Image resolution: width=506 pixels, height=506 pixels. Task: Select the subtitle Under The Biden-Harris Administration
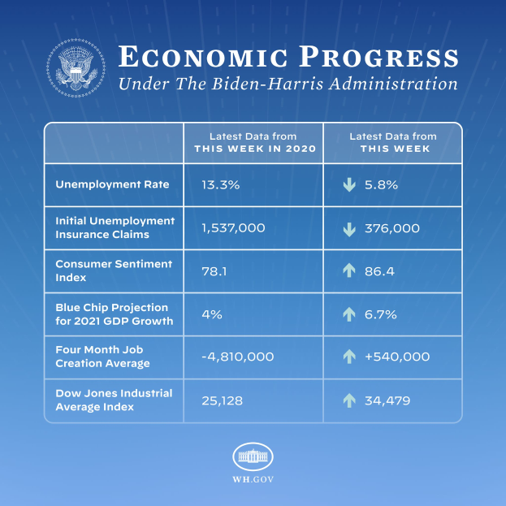(288, 84)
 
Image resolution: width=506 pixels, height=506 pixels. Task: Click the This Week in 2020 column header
(253, 143)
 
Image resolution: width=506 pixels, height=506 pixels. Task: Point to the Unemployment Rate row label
(112, 184)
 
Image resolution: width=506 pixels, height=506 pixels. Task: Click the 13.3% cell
(220, 185)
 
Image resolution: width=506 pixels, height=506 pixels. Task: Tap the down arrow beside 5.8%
(349, 185)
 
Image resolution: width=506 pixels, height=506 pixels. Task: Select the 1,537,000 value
(233, 228)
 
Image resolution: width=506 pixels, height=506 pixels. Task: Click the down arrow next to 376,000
(349, 229)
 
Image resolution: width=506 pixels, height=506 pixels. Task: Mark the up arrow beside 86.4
(349, 271)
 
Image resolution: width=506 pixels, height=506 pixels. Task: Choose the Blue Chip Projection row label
(112, 314)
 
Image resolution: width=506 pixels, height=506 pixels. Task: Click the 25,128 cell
(222, 400)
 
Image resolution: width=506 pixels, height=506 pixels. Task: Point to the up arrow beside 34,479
(349, 400)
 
